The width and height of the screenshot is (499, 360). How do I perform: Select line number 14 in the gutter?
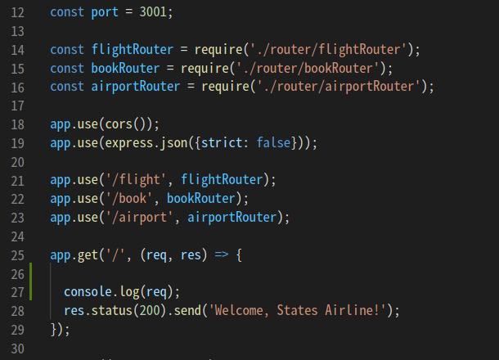(19, 50)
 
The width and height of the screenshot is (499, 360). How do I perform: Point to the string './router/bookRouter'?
(317, 68)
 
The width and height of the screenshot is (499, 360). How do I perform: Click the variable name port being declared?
(104, 13)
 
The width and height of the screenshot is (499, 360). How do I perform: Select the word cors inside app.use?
(121, 124)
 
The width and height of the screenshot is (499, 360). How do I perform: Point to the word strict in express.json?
(225, 142)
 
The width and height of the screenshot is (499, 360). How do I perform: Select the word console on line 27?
(88, 292)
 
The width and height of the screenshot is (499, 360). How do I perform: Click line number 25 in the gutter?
(19, 254)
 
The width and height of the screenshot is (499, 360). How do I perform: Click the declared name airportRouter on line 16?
(134, 87)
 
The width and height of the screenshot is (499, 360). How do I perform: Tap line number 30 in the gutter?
(19, 348)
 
